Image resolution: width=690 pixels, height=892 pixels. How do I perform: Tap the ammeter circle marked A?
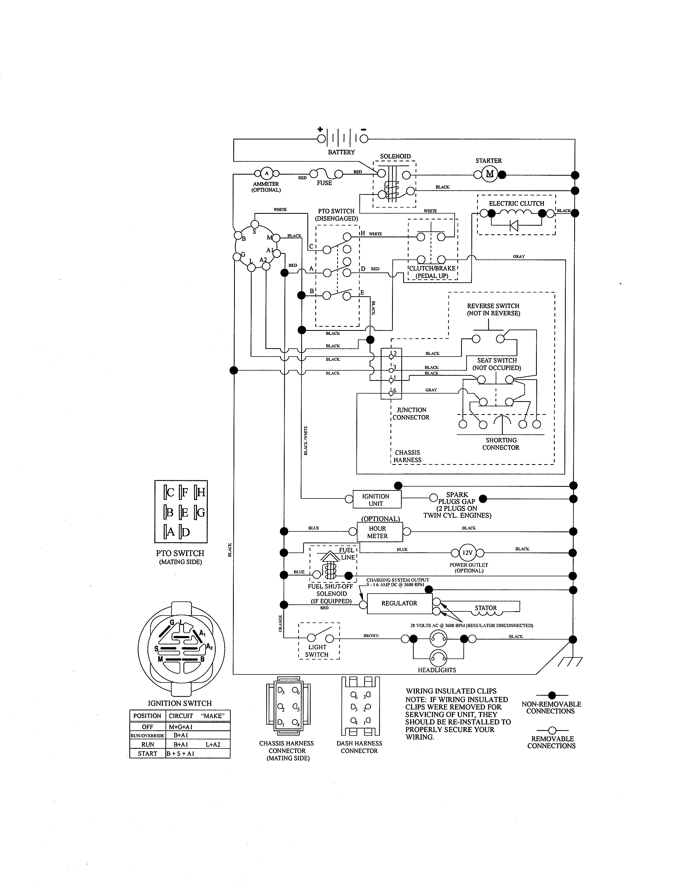267,173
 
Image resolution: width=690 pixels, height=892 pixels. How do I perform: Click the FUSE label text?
324,183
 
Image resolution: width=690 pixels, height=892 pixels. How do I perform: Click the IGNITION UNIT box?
376,500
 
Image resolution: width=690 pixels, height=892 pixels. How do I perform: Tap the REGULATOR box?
399,603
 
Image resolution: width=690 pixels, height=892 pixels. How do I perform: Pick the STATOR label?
486,608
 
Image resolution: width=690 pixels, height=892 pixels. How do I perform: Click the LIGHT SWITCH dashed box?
319,641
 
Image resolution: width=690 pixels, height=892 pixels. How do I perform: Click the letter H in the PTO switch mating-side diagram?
201,492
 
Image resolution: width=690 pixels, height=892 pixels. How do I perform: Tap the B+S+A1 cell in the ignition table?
180,754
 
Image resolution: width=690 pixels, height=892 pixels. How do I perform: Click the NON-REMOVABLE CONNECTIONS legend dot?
552,695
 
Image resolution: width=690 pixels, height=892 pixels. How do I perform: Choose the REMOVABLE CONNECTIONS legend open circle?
552,730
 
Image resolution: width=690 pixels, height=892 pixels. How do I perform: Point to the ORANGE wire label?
280,623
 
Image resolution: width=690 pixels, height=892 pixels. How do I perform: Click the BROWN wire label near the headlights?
371,635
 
